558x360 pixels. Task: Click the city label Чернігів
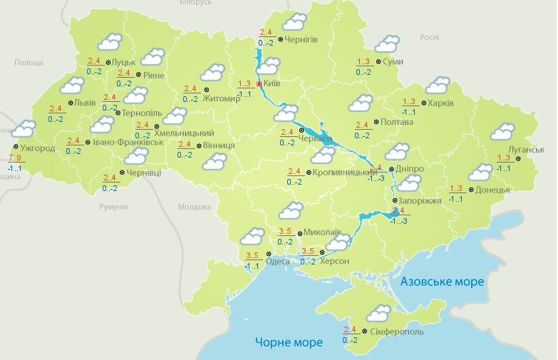301,39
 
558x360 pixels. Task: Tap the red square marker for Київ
259,83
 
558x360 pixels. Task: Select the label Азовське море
442,282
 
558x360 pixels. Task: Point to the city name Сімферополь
398,332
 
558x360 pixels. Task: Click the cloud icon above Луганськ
502,131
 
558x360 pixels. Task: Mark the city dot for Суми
378,62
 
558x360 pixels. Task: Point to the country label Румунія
113,207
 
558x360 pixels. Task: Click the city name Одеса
277,262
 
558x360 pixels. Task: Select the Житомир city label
227,91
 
